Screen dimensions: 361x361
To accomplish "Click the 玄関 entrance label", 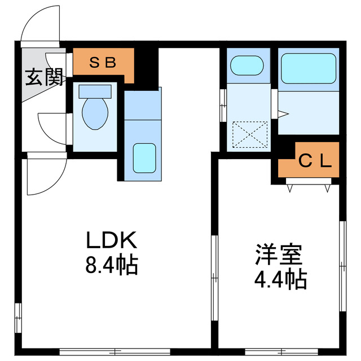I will [x=43, y=78].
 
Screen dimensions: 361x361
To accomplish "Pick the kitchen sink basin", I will [x=144, y=156].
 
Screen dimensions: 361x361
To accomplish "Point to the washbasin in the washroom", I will [x=246, y=65].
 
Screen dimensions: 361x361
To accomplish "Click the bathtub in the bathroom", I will [x=308, y=67].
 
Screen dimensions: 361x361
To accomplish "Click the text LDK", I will [x=111, y=241].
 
